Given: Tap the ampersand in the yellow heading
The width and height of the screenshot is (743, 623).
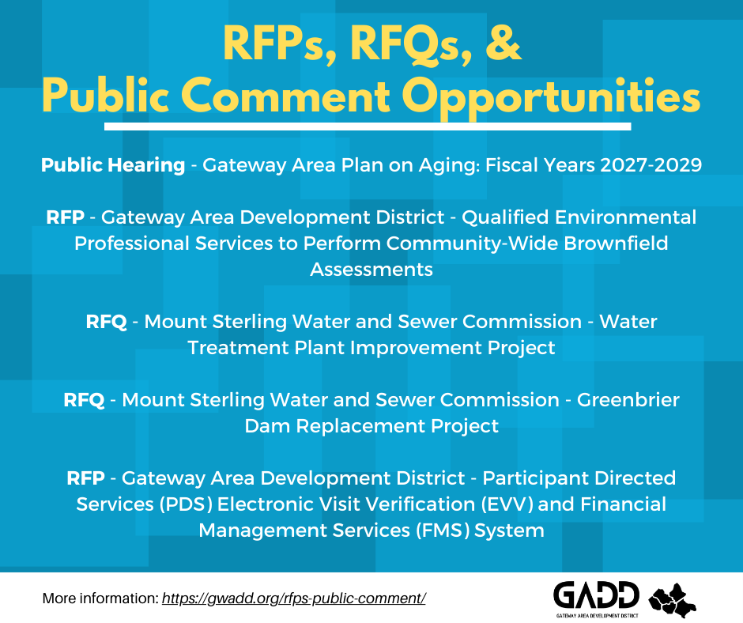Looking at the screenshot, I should (500, 44).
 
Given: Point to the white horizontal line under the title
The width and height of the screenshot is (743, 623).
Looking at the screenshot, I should (368, 126).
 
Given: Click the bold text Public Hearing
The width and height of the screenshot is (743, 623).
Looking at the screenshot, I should (113, 165).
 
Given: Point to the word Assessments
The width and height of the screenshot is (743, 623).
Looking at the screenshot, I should (371, 269).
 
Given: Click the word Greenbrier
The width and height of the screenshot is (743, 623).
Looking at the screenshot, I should (628, 400).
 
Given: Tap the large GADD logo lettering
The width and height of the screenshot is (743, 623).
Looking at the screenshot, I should (596, 595).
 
